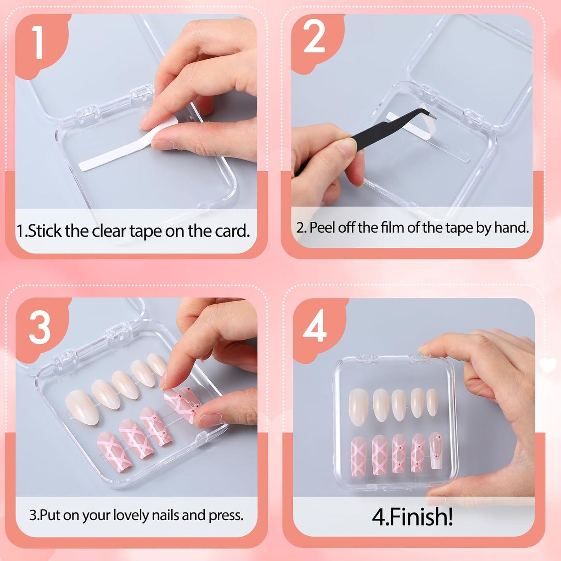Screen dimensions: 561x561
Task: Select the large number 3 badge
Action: [x=40, y=327]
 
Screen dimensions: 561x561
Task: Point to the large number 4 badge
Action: [x=314, y=327]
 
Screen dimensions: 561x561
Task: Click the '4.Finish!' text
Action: [x=412, y=517]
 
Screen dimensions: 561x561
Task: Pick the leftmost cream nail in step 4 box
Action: [x=358, y=407]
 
